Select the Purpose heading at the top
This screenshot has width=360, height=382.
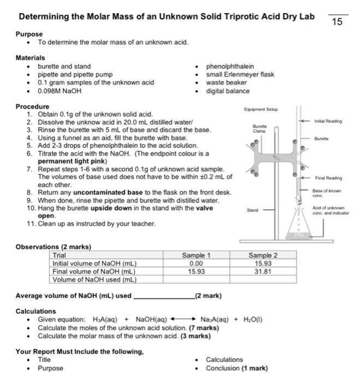click(x=29, y=34)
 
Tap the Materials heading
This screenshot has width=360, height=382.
click(x=31, y=57)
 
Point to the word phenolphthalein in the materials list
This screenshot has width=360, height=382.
click(x=230, y=66)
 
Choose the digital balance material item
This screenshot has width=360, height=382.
click(x=227, y=91)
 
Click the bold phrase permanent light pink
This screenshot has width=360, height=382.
click(x=72, y=162)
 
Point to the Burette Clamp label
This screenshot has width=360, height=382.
click(x=259, y=129)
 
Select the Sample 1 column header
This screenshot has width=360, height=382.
click(x=196, y=255)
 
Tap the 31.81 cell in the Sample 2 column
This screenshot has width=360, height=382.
click(x=263, y=271)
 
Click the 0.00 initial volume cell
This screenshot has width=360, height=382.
click(x=196, y=263)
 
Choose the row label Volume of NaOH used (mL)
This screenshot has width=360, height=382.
click(x=94, y=279)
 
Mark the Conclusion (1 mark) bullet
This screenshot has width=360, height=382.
click(x=236, y=368)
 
